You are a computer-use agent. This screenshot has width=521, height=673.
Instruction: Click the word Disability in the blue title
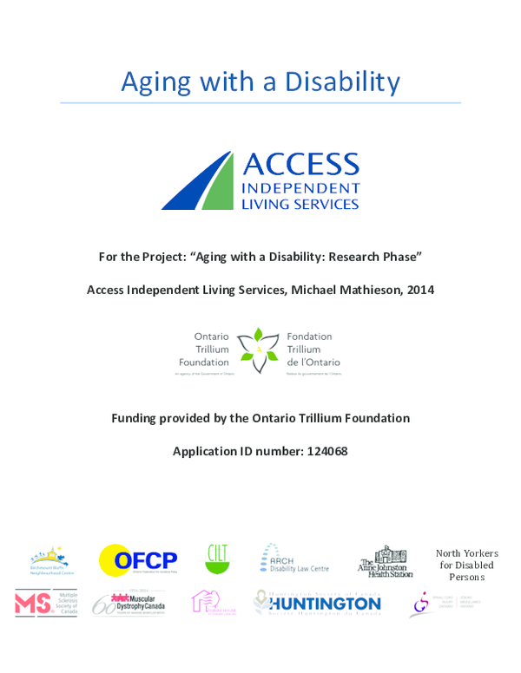[346, 82]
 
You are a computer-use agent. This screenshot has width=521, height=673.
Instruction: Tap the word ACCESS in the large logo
[300, 164]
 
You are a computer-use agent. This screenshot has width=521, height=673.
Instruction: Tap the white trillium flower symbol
[258, 349]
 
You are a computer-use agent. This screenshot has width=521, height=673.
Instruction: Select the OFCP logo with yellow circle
[138, 560]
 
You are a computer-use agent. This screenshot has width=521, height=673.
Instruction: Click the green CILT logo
[217, 559]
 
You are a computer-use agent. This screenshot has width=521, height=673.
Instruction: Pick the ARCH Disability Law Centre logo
[293, 559]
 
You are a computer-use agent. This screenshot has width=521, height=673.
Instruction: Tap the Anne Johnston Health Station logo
[385, 562]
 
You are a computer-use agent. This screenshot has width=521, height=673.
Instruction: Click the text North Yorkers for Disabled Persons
[467, 565]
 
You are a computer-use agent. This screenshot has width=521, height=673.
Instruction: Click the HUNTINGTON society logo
[318, 603]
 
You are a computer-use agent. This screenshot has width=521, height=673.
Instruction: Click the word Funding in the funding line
[135, 418]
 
